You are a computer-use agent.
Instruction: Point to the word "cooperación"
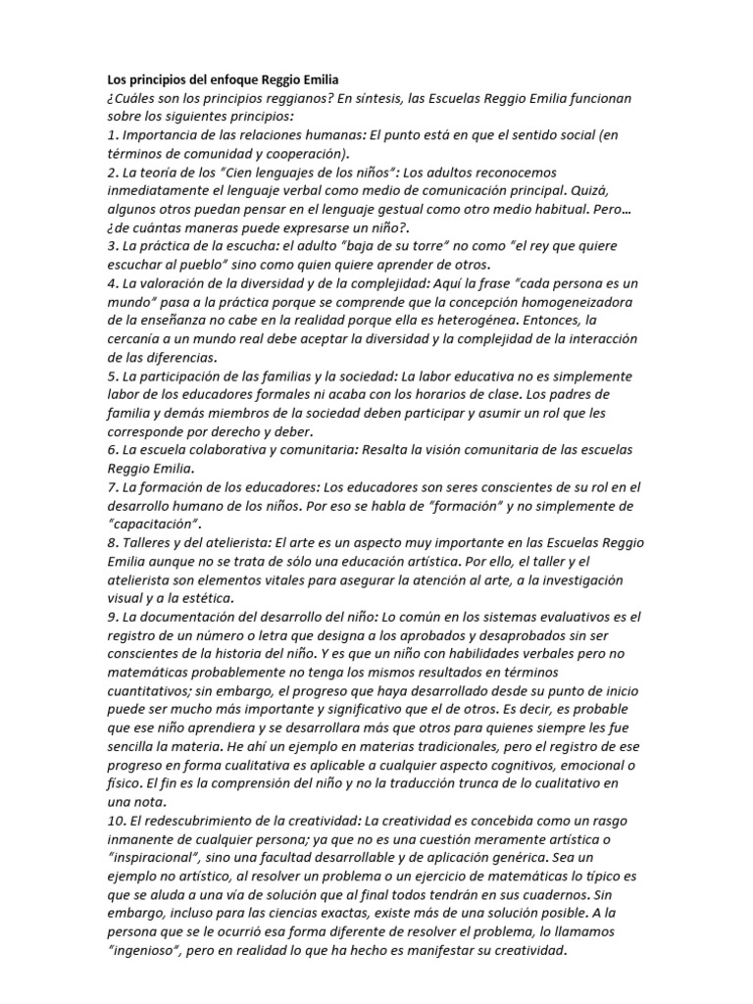coord(304,154)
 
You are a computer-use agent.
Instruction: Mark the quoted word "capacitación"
coord(147,524)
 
